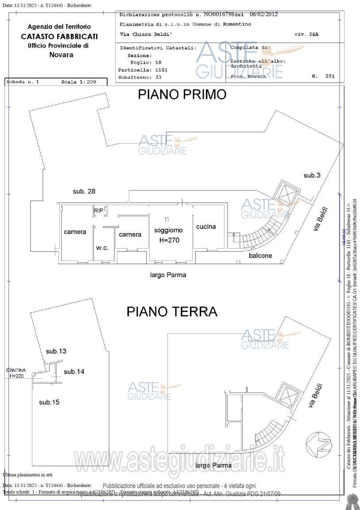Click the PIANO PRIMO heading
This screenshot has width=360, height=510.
coord(182,95)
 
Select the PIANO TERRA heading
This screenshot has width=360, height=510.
coord(172,311)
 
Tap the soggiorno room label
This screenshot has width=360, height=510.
coord(168,230)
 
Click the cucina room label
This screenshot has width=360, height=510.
coord(206,226)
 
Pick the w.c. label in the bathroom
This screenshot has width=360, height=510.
coord(102,248)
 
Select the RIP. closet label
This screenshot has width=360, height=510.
coord(98,211)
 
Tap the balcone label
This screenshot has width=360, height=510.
coord(260,256)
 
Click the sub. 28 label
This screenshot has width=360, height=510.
coord(84,191)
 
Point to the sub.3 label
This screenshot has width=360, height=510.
coord(312,175)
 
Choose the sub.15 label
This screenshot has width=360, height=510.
coord(49,402)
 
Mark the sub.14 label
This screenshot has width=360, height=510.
coord(74,372)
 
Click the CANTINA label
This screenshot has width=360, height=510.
coord(16,370)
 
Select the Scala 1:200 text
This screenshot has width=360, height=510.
coord(79,82)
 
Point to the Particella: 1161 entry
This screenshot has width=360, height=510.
coord(143,70)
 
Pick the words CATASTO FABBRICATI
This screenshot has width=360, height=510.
coord(59,36)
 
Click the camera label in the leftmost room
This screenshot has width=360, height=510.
coord(75,232)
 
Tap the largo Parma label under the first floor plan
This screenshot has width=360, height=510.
coord(168,275)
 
